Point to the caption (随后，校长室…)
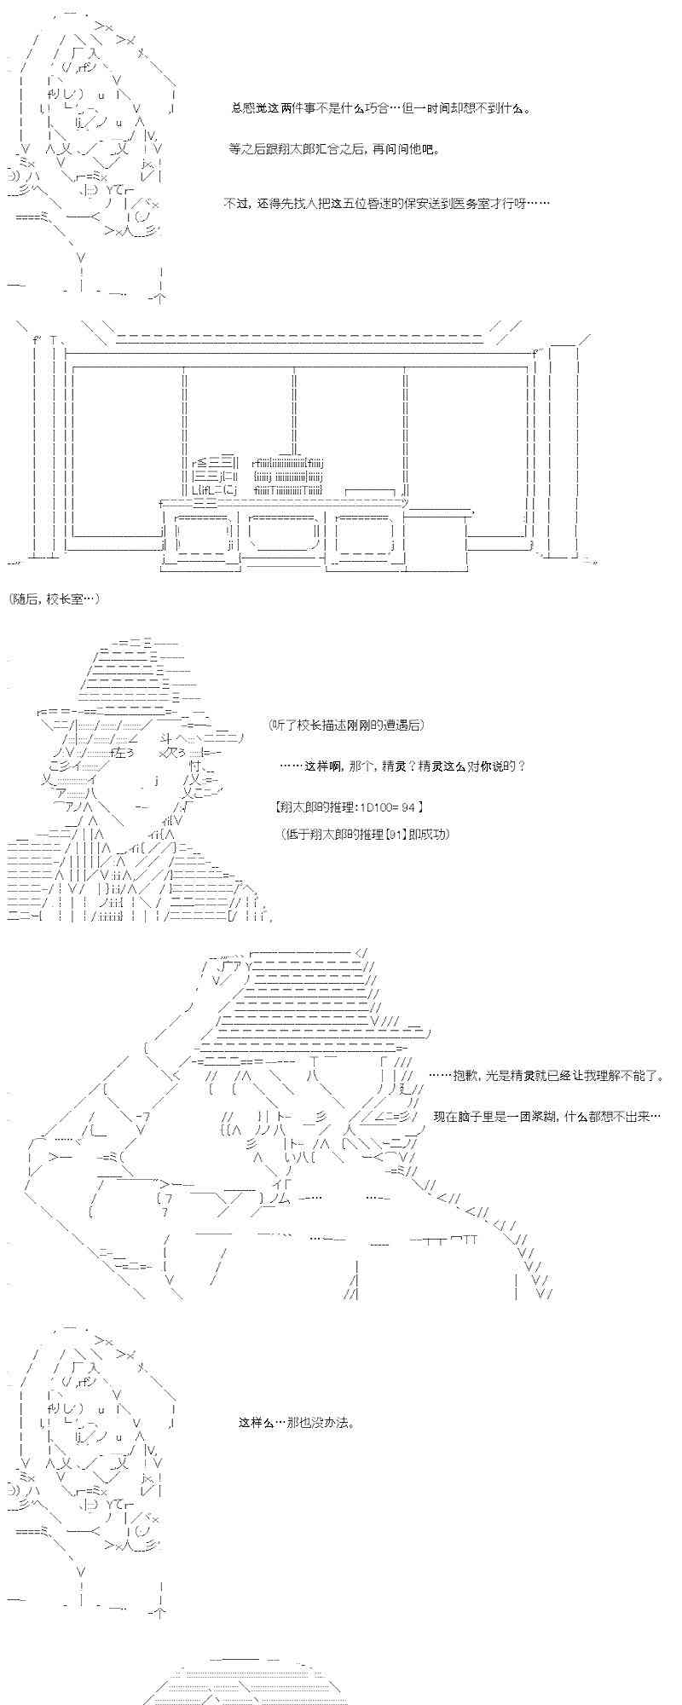(56, 599)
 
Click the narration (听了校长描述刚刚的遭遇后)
(344, 725)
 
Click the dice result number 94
(408, 806)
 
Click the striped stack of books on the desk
(288, 475)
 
